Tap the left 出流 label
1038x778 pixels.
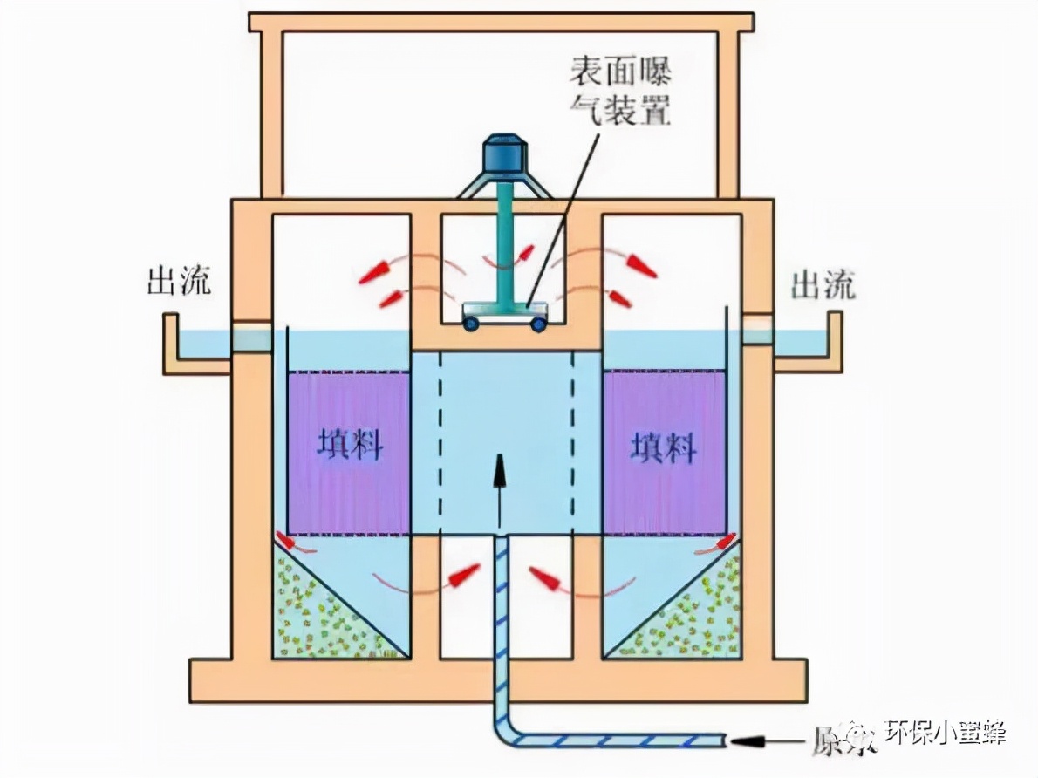tap(179, 283)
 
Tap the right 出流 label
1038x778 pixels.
tap(823, 284)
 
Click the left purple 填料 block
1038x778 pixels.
tap(349, 452)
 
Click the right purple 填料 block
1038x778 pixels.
tap(664, 452)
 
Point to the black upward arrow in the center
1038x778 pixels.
tap(501, 488)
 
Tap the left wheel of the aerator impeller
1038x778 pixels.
tap(470, 324)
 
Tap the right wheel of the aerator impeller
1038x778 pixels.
tap(539, 324)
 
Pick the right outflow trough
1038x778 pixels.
tap(807, 349)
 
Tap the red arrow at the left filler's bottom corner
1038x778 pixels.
tap(291, 542)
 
